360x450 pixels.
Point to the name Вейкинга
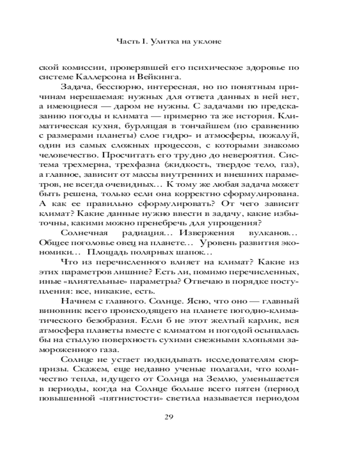click(163, 76)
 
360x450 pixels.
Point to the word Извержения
click(204, 233)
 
